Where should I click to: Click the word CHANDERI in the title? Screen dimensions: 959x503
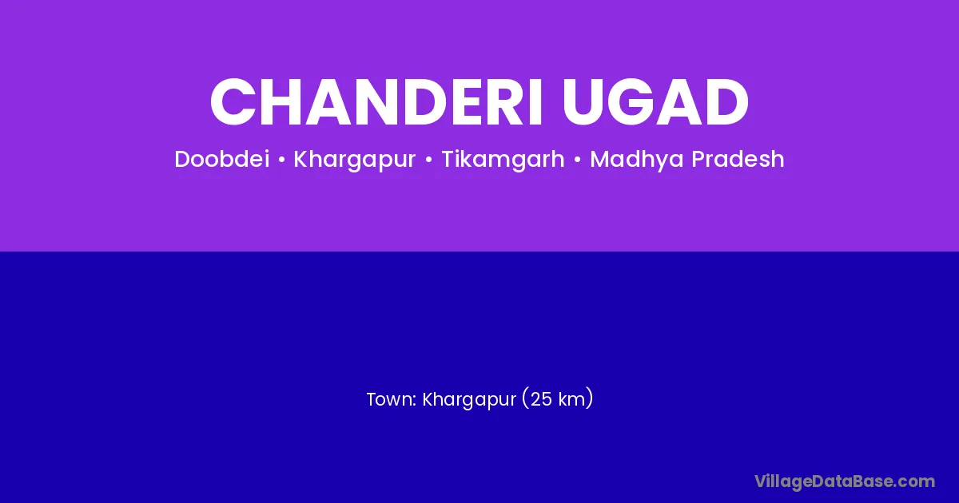[376, 102]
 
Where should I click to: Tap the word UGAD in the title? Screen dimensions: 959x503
[655, 102]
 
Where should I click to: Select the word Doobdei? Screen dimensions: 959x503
[222, 159]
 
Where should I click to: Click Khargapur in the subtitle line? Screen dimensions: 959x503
[355, 160]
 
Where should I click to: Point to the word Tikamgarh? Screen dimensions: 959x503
[503, 160]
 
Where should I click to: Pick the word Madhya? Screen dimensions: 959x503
[638, 160]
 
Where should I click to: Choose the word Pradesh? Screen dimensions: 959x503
[738, 159]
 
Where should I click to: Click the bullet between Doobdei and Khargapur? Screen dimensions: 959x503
[281, 160]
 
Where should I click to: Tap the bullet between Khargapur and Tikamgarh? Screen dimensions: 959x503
[428, 160]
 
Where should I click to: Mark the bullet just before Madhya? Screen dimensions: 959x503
[578, 160]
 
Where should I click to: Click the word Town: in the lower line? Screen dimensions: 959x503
[392, 399]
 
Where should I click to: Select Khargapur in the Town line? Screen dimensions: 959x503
[469, 400]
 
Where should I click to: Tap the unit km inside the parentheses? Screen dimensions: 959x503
[571, 399]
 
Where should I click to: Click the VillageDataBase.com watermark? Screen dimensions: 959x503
[845, 481]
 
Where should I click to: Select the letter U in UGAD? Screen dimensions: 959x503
[583, 103]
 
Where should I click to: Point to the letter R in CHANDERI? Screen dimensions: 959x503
[508, 102]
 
